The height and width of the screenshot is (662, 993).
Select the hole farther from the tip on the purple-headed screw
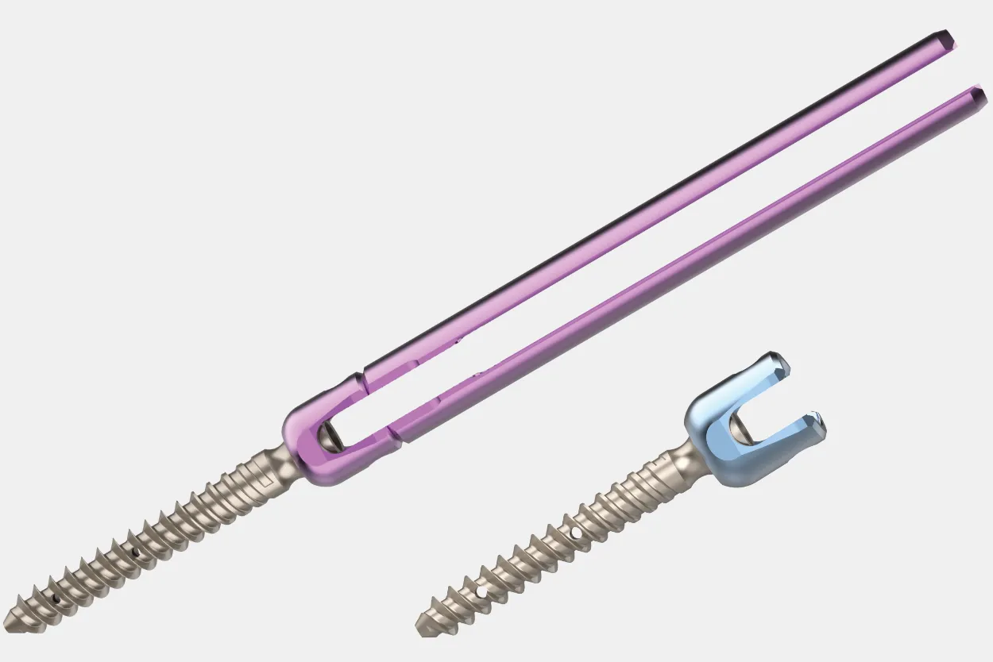135,551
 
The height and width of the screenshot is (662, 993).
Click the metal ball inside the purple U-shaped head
329,435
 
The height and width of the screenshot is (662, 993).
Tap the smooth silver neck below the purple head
280,460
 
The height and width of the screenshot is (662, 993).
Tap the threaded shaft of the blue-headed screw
556,540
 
